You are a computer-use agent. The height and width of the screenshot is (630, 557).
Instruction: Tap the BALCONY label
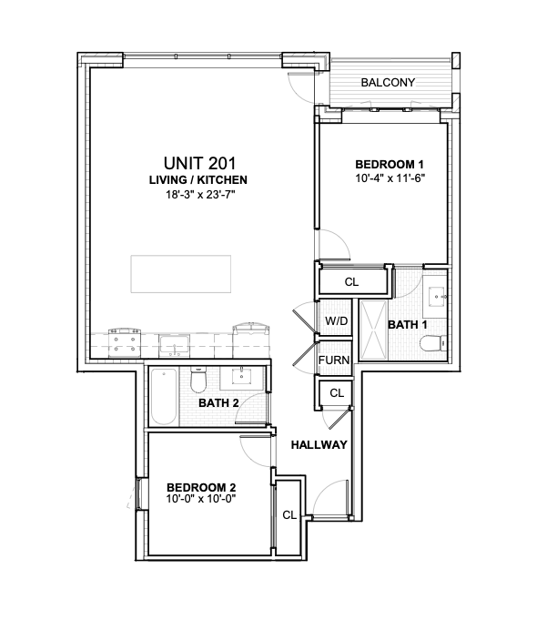click(388, 83)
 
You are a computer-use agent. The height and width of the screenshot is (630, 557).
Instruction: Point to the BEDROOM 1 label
click(389, 164)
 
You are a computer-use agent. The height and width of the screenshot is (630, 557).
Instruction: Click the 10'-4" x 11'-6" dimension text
click(389, 178)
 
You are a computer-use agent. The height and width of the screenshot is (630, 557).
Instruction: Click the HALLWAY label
click(319, 445)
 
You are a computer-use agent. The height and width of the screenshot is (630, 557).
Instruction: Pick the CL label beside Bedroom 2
click(289, 514)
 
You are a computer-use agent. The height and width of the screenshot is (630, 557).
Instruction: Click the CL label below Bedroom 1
click(351, 282)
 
